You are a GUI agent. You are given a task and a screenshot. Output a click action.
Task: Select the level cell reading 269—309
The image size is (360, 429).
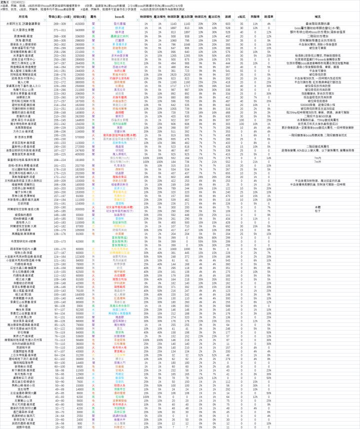pyautogui.click(x=57, y=23)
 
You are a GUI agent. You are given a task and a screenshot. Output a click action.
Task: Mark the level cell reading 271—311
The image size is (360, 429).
pyautogui.click(x=57, y=29)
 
